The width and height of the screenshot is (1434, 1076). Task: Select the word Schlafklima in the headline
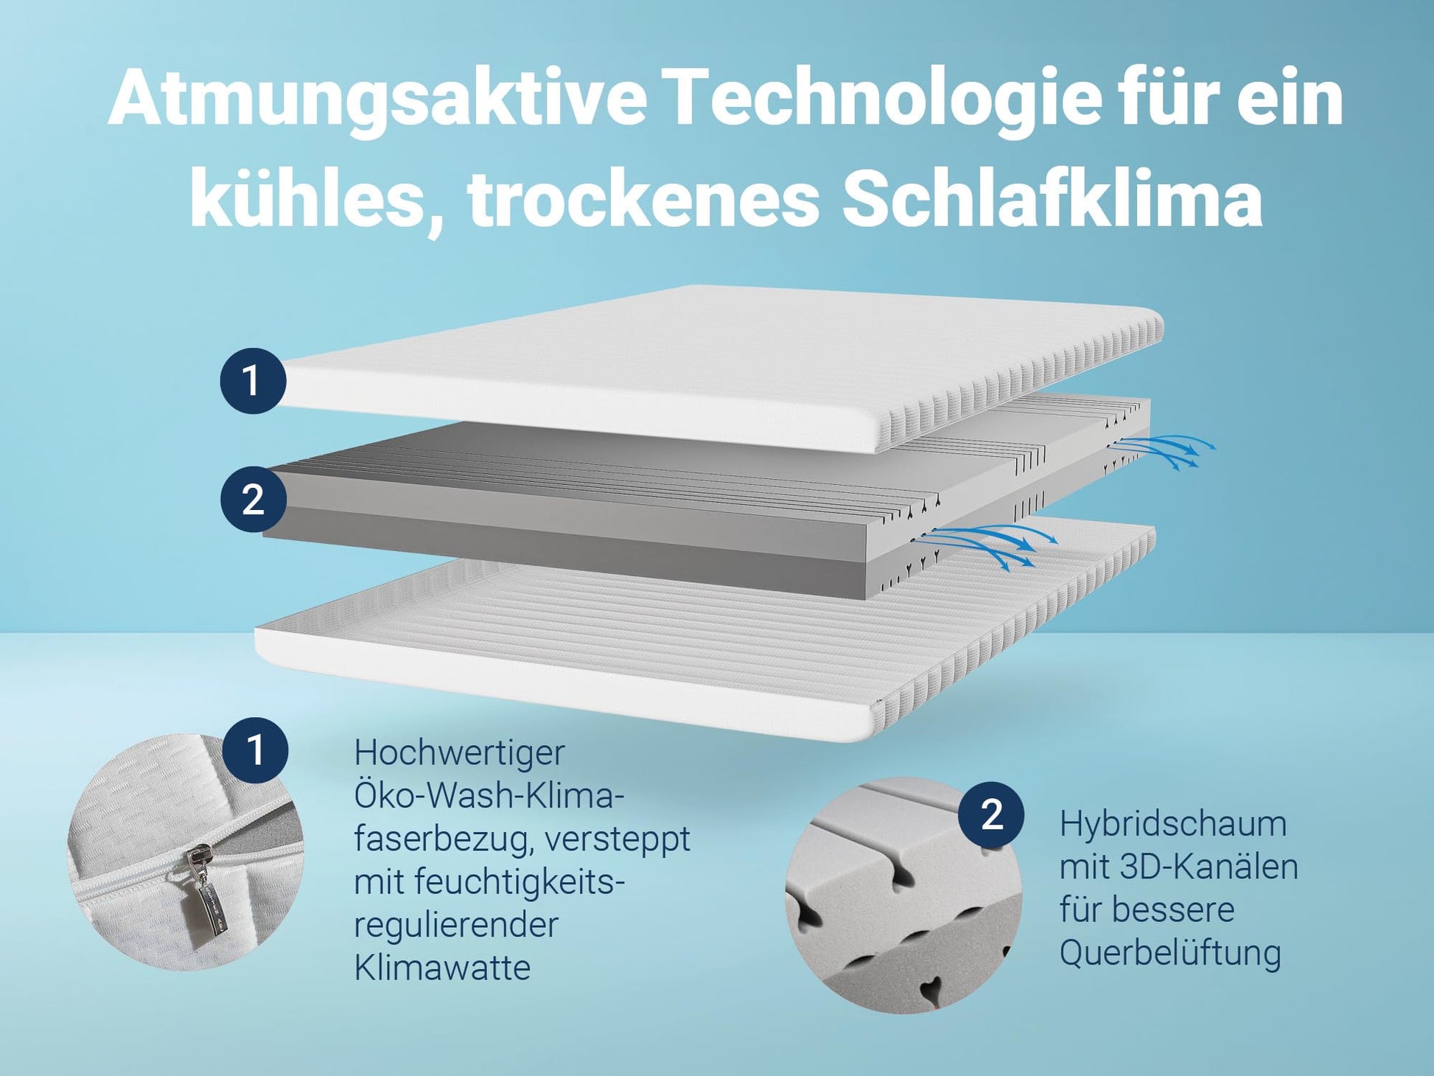click(1052, 198)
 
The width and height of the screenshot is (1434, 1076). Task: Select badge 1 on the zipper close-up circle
click(255, 750)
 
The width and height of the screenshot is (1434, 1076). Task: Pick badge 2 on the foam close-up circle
click(991, 814)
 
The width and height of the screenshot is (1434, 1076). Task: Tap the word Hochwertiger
click(459, 753)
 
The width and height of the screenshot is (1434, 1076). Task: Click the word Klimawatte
click(442, 968)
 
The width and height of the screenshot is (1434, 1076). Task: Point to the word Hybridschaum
click(1172, 824)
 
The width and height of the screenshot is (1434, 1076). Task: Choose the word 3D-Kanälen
click(1209, 867)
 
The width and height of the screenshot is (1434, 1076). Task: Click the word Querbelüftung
click(1170, 954)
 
